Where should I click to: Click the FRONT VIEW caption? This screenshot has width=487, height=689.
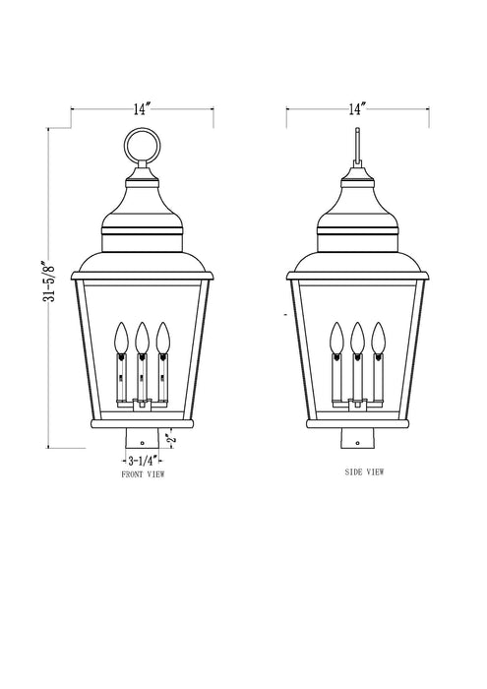tap(142, 474)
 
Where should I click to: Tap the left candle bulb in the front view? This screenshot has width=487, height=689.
tap(123, 338)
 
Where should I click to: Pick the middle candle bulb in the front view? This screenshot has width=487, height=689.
tap(142, 336)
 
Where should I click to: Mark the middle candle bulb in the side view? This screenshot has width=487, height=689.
tap(357, 336)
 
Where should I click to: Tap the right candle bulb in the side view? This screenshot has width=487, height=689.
tap(377, 339)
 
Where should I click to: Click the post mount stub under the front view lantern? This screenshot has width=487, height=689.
tap(142, 439)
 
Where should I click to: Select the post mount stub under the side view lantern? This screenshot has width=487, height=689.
tap(358, 439)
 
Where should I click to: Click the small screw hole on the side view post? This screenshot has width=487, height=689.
tap(358, 444)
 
